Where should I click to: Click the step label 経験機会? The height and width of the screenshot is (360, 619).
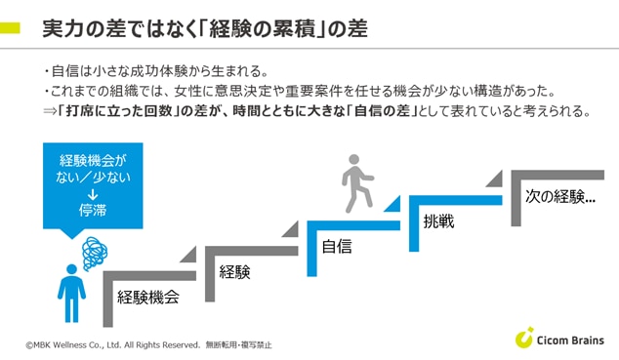click(148, 297)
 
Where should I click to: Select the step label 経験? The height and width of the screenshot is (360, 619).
click(235, 271)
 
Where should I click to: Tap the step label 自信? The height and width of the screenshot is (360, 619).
click(337, 247)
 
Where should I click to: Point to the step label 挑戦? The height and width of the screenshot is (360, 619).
click(438, 221)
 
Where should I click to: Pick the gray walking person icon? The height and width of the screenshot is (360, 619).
click(357, 183)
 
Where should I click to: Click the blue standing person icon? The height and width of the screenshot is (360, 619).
click(71, 294)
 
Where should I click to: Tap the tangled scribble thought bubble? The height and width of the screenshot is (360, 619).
click(95, 253)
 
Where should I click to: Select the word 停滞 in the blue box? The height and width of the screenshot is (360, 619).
click(93, 210)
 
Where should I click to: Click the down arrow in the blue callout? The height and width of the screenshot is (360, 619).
click(93, 194)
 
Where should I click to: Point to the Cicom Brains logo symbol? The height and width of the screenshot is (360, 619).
click(523, 338)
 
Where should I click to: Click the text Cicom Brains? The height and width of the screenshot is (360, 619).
click(570, 340)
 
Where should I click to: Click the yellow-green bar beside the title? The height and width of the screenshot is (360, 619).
click(10, 28)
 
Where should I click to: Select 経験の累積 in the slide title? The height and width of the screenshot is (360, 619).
click(262, 29)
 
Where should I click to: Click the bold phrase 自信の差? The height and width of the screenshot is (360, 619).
click(382, 111)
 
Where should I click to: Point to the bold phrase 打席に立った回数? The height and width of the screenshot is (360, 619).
click(117, 111)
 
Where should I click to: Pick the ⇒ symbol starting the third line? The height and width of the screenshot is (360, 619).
click(50, 111)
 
